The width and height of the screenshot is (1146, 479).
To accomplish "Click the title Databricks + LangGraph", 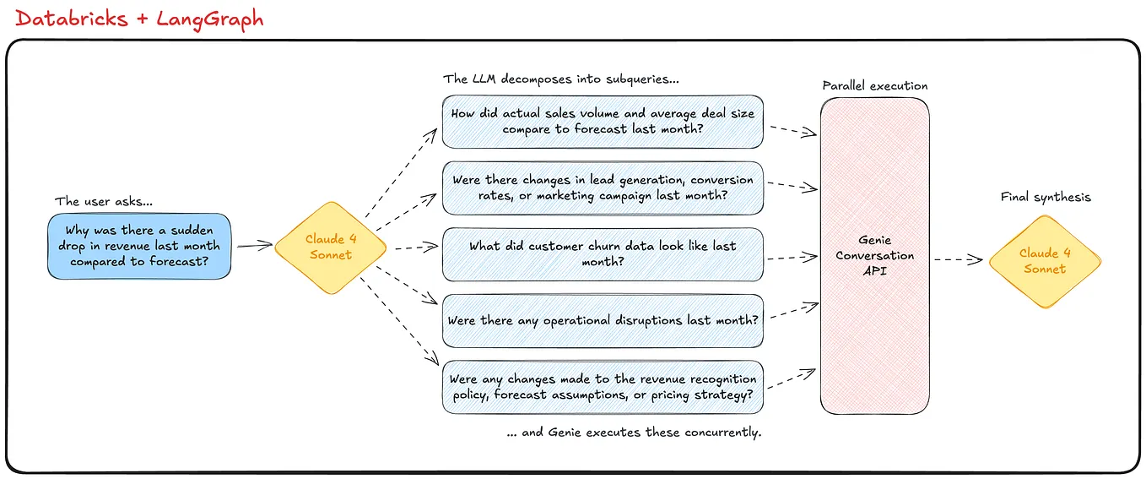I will click(x=139, y=19).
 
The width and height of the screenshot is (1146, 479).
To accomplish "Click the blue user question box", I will click(x=139, y=246).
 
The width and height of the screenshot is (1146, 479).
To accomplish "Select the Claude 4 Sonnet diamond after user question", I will click(x=331, y=247).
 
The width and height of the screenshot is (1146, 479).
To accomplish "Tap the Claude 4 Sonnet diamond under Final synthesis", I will click(x=1045, y=260).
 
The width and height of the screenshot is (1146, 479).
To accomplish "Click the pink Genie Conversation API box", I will click(x=875, y=255).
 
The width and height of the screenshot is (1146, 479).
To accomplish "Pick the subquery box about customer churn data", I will click(x=603, y=254).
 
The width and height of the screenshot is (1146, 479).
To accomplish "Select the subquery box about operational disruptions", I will click(x=603, y=321).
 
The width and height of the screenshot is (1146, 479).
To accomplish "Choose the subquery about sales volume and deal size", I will click(x=603, y=121).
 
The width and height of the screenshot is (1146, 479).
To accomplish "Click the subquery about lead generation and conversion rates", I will click(x=603, y=188).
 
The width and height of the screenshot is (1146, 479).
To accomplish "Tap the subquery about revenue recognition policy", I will click(x=603, y=387).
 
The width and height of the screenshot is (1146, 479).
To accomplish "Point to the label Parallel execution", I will click(x=875, y=86).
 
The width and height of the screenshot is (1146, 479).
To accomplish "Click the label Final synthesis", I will click(x=1046, y=197).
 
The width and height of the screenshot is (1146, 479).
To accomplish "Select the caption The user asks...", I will click(x=104, y=201).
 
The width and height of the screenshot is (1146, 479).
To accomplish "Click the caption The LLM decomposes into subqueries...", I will click(x=561, y=79).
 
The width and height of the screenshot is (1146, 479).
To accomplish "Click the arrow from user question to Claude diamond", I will click(x=254, y=246).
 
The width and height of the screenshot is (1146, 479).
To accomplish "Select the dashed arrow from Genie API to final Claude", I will click(x=959, y=260).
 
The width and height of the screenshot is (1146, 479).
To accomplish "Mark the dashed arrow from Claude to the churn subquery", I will click(x=414, y=249).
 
